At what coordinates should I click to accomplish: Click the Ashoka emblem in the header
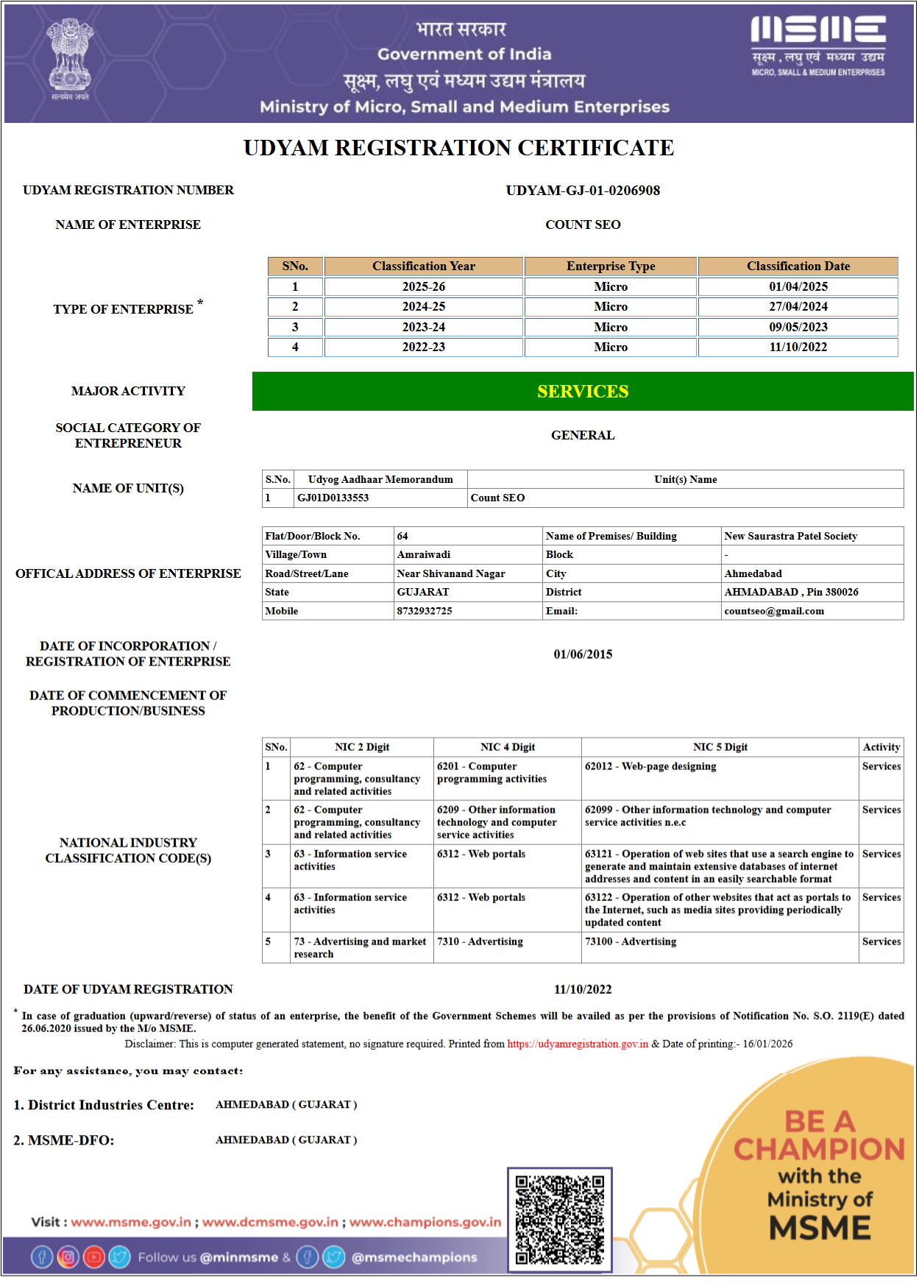pyautogui.click(x=70, y=57)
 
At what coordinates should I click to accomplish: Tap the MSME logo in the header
pyautogui.click(x=817, y=45)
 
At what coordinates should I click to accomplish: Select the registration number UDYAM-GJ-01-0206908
pyautogui.click(x=583, y=191)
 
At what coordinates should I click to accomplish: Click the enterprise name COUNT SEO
pyautogui.click(x=583, y=225)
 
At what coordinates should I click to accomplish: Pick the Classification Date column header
pyautogui.click(x=798, y=266)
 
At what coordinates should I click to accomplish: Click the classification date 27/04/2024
pyautogui.click(x=798, y=307)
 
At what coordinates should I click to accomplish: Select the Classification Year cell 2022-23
pyautogui.click(x=423, y=347)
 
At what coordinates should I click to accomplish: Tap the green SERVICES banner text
pyautogui.click(x=583, y=392)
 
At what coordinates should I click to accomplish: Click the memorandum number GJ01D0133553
pyautogui.click(x=333, y=498)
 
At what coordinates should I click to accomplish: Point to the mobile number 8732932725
pyautogui.click(x=425, y=612)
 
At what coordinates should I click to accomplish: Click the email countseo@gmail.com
pyautogui.click(x=773, y=612)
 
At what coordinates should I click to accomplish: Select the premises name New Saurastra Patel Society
pyautogui.click(x=790, y=537)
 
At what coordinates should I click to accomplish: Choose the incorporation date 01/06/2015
pyautogui.click(x=583, y=654)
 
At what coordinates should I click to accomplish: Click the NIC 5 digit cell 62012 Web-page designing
pyautogui.click(x=650, y=767)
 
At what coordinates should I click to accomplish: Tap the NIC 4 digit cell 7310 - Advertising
pyautogui.click(x=480, y=942)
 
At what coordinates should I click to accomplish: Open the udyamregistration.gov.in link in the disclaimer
pyautogui.click(x=578, y=1044)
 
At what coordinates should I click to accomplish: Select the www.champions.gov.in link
pyautogui.click(x=425, y=1222)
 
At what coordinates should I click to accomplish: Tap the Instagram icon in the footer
pyautogui.click(x=68, y=1257)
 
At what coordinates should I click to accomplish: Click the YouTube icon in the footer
pyautogui.click(x=93, y=1257)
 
